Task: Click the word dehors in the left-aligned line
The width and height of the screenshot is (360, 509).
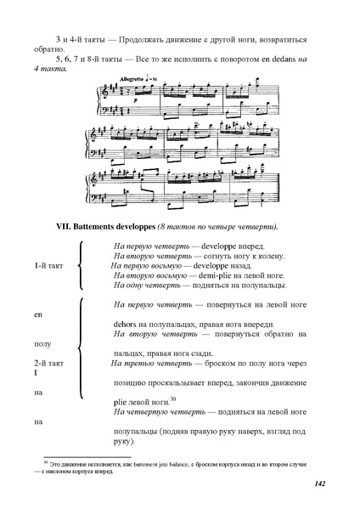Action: (124, 325)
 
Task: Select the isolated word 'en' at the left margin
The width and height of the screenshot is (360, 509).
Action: (37, 315)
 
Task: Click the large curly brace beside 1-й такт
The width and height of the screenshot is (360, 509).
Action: (79, 266)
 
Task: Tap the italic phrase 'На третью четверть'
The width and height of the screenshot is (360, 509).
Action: (149, 363)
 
